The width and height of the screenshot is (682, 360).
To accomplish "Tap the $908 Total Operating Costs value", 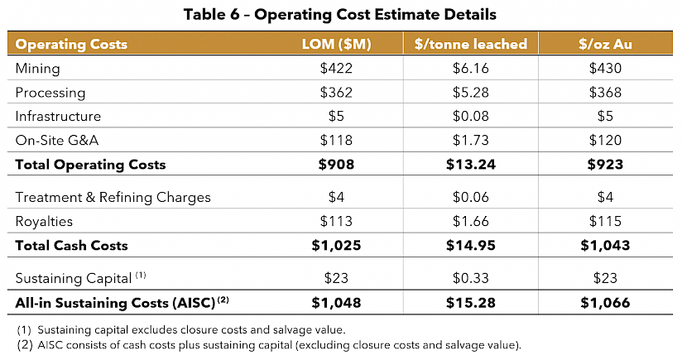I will pyautogui.click(x=336, y=164).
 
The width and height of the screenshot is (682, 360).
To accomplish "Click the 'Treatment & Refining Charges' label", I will pyautogui.click(x=113, y=197).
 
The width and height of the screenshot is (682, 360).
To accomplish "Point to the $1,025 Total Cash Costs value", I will pyautogui.click(x=336, y=245).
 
